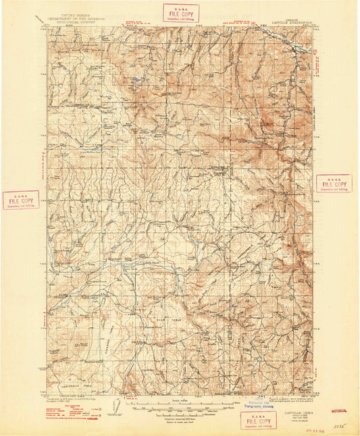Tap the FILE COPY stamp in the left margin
click(x=20, y=200)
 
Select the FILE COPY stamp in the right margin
click(x=334, y=184)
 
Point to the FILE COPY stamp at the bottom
click(x=258, y=420)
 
